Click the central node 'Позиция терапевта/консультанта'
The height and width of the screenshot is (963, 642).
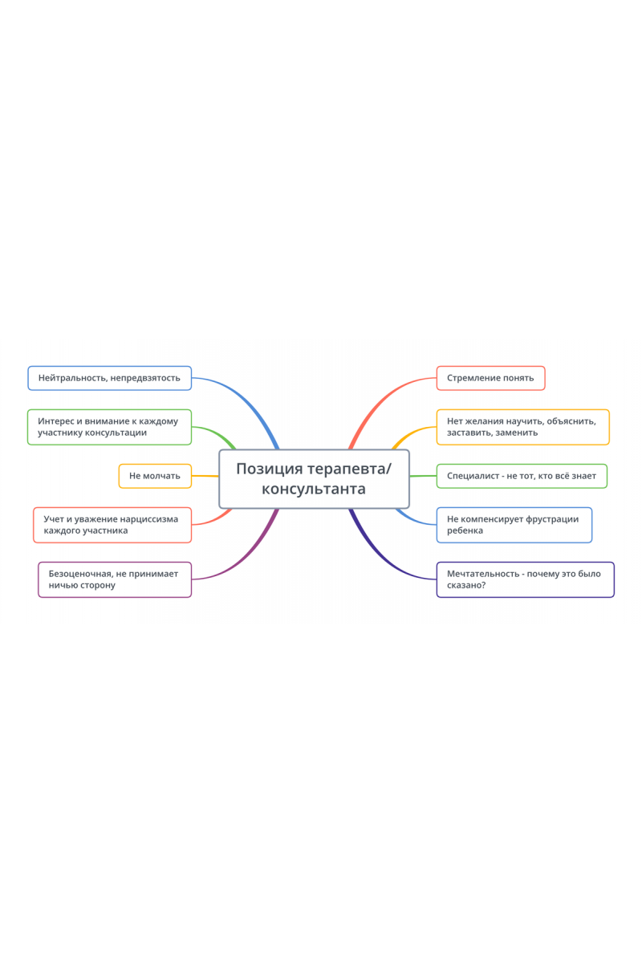[314, 479]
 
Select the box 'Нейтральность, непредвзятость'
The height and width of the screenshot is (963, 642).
[109, 378]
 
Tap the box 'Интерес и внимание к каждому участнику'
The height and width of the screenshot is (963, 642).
[109, 427]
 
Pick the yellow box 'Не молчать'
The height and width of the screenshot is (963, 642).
[155, 476]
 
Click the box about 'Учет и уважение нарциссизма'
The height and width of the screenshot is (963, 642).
[112, 525]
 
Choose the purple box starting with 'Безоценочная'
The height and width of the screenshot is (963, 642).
[115, 579]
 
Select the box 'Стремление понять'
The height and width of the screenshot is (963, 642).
[490, 378]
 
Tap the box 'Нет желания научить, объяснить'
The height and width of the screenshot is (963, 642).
[522, 427]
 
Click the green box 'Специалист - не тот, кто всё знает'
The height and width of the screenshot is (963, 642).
[522, 476]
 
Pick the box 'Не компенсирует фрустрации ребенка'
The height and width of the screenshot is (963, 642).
[514, 525]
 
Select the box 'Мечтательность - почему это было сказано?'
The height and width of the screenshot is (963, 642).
[525, 579]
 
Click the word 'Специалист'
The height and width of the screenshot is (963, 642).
[472, 476]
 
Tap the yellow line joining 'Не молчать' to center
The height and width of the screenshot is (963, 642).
[205, 477]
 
